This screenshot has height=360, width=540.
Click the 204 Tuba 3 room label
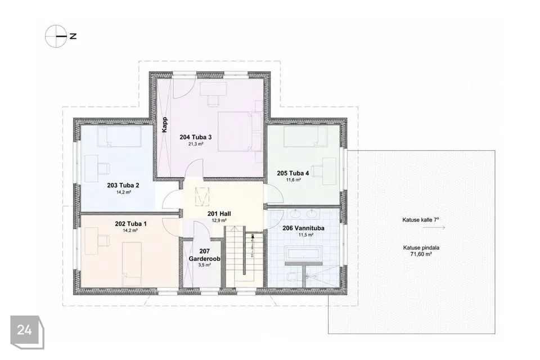click(196, 137)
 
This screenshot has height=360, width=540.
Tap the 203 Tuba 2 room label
click(123, 185)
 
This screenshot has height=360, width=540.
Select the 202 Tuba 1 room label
click(130, 224)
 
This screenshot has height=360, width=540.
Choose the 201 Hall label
click(219, 214)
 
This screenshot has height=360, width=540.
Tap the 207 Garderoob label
click(205, 255)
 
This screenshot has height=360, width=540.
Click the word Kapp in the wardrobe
click(165, 125)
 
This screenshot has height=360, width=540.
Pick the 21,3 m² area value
click(196, 144)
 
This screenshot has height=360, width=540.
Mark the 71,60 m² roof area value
click(421, 254)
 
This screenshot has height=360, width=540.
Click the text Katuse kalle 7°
click(421, 220)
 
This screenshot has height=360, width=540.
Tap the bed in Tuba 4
click(305, 137)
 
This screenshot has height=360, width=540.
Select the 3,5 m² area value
click(205, 265)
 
